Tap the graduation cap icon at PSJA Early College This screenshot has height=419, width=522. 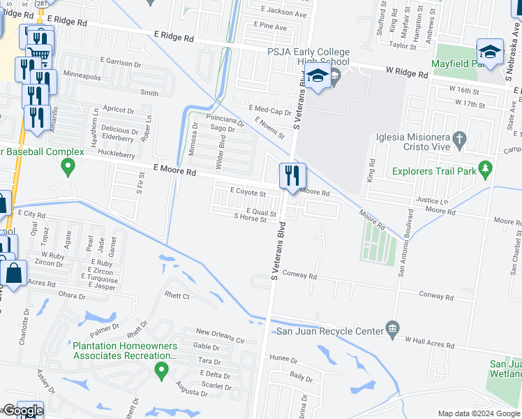(x=318, y=78)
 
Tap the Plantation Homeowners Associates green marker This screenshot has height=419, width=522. (x=162, y=369)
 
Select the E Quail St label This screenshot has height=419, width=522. (x=262, y=212)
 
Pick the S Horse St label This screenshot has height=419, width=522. (x=251, y=219)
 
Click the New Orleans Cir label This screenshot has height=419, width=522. (x=221, y=332)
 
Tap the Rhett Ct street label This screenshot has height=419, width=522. (x=176, y=296)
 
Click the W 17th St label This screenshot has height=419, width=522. (x=470, y=103)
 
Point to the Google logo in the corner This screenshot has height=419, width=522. (x=22, y=411)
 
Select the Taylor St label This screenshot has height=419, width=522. (x=403, y=46)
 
